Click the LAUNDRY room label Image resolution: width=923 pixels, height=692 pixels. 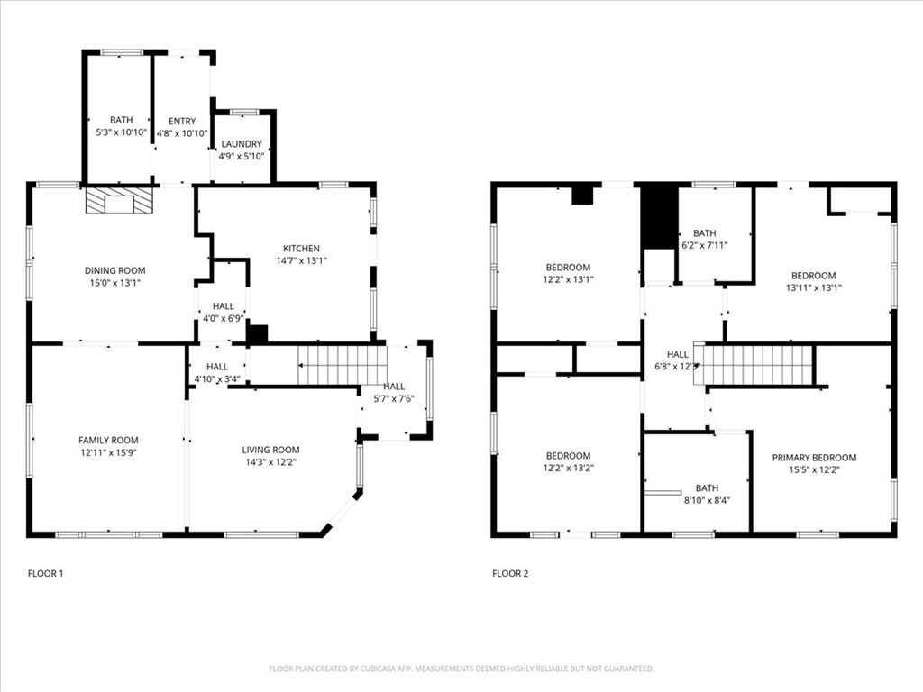(x=241, y=144)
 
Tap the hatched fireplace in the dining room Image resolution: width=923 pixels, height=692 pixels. (x=119, y=201)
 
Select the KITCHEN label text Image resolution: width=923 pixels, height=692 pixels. (x=301, y=249)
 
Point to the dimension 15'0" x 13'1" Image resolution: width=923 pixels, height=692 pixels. (x=114, y=282)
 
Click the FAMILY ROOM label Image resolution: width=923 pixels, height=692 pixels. (x=107, y=440)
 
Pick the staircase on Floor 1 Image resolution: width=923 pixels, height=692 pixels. (x=342, y=365)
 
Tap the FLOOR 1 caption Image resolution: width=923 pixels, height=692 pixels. (x=45, y=573)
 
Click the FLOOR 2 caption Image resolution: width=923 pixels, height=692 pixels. (x=510, y=573)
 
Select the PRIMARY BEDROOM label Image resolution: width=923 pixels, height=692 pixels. (x=814, y=458)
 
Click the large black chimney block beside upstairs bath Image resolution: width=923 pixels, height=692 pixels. (x=659, y=216)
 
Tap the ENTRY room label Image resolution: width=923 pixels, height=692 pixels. (x=181, y=121)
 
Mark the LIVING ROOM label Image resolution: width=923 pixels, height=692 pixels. (x=270, y=450)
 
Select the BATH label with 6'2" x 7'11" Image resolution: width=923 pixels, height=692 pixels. (x=705, y=233)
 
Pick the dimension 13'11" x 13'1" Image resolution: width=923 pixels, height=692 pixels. (x=813, y=288)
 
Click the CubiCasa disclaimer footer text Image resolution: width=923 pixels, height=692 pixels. (x=461, y=669)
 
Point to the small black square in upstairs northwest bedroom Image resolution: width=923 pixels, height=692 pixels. (x=583, y=194)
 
